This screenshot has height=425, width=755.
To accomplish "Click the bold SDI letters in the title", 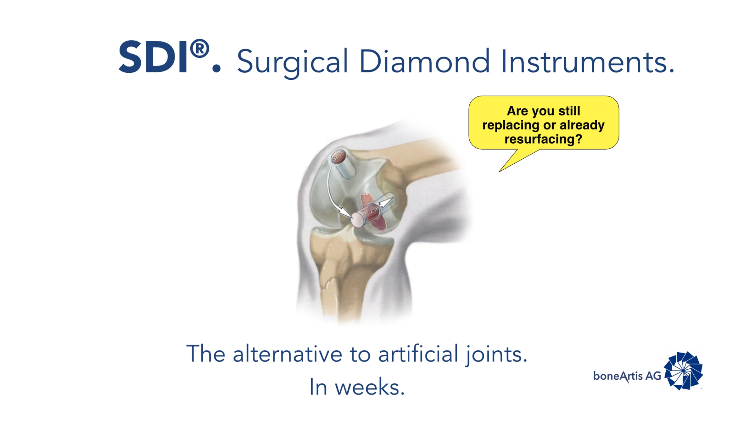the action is [x=154, y=57].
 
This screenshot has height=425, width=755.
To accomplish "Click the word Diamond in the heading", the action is [x=424, y=61].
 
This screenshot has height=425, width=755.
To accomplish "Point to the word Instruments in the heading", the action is [x=587, y=61].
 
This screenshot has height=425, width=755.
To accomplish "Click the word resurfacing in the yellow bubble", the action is [x=543, y=139].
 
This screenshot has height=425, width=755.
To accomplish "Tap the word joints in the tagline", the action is [x=496, y=355].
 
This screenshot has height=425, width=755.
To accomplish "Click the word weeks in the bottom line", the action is [x=370, y=387].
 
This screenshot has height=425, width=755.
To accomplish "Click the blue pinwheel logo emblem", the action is [x=683, y=371].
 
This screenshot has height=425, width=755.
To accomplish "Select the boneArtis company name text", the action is [x=618, y=376].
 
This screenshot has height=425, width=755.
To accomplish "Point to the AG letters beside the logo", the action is [x=653, y=376].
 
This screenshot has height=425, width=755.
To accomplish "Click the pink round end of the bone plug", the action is [x=357, y=219].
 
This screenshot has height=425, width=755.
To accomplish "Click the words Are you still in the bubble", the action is [x=543, y=111].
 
